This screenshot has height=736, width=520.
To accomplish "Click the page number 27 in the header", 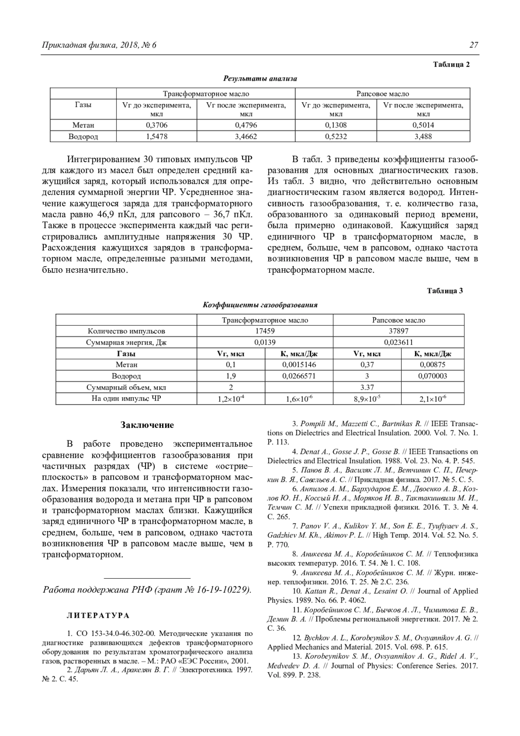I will click(x=473, y=45).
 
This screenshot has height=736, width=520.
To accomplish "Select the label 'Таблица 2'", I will click(x=452, y=65).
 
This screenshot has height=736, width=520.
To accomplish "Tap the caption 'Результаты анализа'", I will click(x=260, y=78).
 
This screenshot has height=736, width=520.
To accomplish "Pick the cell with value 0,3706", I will click(x=156, y=125).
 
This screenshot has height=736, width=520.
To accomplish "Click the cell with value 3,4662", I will click(x=246, y=137).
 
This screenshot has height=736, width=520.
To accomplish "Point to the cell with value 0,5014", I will click(x=423, y=125).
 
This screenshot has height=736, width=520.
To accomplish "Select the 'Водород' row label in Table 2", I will click(x=83, y=137).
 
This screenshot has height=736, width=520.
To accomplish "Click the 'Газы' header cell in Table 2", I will click(x=83, y=105).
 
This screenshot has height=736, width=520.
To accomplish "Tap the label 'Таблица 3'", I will click(x=445, y=290).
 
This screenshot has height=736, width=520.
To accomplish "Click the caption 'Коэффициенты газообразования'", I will click(x=260, y=305).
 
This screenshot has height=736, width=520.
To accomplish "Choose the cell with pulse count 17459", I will click(x=265, y=331).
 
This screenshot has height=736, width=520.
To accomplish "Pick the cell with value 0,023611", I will click(x=398, y=342).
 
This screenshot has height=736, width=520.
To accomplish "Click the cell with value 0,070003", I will click(x=432, y=376).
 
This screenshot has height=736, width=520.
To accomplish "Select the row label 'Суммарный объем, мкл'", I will click(x=126, y=387).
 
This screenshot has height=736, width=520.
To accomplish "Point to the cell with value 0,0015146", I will click(x=299, y=365).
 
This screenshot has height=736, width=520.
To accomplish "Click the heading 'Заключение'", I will click(x=147, y=425).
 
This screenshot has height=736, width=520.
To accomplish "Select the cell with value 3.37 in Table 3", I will click(x=367, y=387).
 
